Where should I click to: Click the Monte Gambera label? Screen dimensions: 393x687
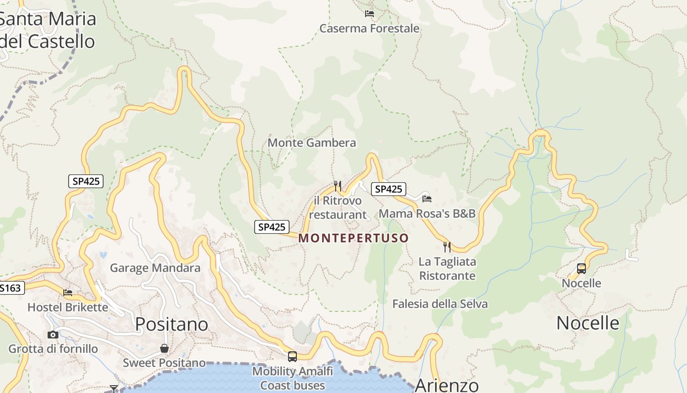coord(312,143)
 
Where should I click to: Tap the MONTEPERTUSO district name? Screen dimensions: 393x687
coord(353,238)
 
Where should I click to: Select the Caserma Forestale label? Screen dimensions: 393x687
coord(370,28)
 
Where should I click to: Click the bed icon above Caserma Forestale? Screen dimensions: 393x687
coord(370,14)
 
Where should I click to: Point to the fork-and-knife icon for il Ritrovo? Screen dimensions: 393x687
coord(338,186)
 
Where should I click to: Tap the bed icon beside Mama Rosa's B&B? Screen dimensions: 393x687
coord(427,198)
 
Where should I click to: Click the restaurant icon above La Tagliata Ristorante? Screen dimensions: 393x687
coord(447,247)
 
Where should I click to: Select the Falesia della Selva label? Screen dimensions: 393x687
coord(440,304)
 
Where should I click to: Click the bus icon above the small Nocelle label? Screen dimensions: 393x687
coord(581,269)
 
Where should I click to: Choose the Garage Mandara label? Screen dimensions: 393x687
coord(155,268)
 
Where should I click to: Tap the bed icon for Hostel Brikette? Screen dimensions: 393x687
coord(68,293)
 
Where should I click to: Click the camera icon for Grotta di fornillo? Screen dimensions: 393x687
coord(53,335)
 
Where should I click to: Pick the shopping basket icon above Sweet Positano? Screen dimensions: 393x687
coord(164,348)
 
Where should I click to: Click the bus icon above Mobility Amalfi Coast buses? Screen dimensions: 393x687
coord(292,357)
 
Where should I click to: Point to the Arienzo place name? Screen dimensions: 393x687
coord(447,385)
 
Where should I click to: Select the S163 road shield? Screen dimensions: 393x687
coord(11,288)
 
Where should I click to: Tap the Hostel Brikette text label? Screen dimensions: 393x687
coord(68,308)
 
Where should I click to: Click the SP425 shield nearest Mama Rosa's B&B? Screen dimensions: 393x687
coord(389,189)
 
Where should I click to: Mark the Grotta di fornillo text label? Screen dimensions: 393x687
coord(53,349)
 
